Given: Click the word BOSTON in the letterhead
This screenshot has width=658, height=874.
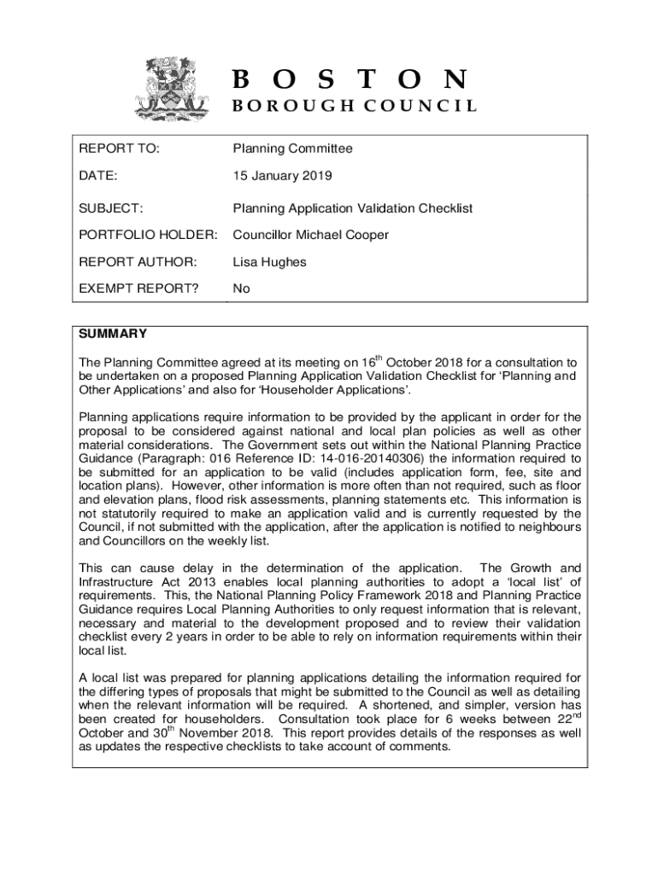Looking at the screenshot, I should coord(350,79).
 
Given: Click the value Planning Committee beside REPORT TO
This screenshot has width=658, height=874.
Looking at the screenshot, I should coord(292,149).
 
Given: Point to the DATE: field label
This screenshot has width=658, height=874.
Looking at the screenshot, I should coord(98,176).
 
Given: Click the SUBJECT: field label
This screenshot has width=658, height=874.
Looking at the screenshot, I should coord(111,208).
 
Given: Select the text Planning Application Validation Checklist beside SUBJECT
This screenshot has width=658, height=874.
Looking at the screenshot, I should coord(353,208).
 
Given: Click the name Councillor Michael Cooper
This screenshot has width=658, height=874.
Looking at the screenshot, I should coord(311,235).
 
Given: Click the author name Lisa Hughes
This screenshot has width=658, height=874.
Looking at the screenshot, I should coord(269,262).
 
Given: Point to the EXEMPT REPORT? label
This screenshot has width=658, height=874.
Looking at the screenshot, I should coord(138,288).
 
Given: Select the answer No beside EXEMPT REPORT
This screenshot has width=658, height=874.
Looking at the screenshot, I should coord(242,288).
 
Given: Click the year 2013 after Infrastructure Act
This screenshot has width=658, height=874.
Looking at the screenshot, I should coord(191,582).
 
